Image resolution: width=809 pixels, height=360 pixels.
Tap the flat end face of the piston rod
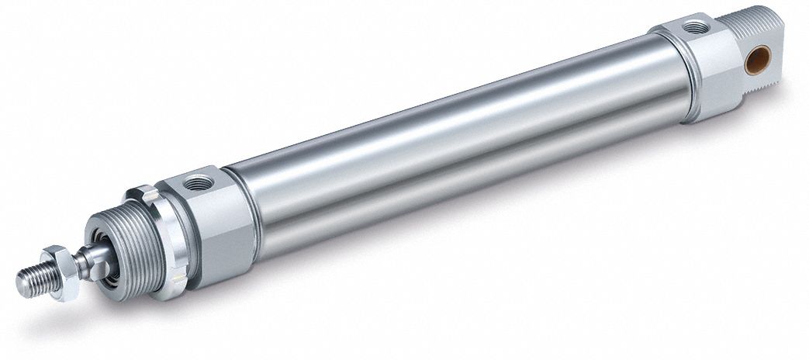coord(21,285)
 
